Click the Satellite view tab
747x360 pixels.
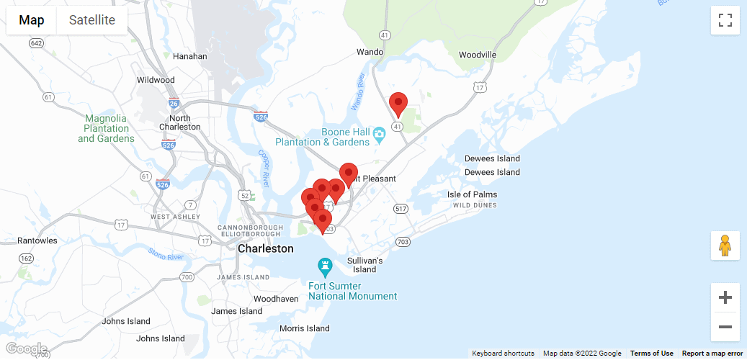click(91, 20)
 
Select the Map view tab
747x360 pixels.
click(32, 20)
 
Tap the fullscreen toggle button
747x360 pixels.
click(725, 20)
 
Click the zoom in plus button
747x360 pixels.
click(725, 297)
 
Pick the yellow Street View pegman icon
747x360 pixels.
click(725, 246)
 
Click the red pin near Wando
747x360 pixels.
click(398, 104)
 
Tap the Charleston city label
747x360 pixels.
click(266, 248)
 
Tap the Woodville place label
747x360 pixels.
click(478, 55)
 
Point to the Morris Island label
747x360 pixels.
click(305, 328)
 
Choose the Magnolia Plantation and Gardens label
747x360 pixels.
click(106, 128)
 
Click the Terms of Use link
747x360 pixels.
click(651, 354)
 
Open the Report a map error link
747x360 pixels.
click(712, 354)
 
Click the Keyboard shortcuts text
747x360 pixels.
click(503, 354)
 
